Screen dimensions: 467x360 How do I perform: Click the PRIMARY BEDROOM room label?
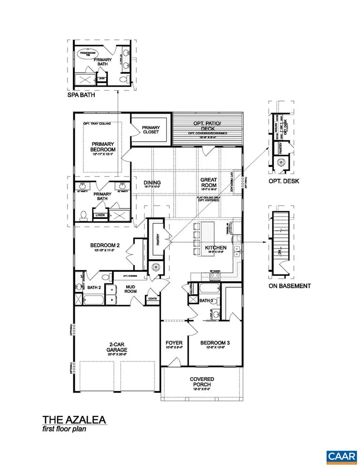[x=103, y=146]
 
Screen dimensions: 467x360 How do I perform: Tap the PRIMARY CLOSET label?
[x=150, y=130]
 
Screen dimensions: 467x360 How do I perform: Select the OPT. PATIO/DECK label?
[x=207, y=125]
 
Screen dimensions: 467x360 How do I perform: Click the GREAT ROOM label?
[x=209, y=182]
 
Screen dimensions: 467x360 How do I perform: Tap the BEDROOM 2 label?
[x=104, y=246]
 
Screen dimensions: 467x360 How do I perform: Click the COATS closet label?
[x=152, y=299]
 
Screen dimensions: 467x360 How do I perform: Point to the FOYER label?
[x=174, y=342]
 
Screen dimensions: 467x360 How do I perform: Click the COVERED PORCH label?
[x=202, y=382]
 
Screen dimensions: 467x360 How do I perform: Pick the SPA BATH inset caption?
[x=80, y=97]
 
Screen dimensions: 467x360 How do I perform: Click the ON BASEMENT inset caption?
[x=289, y=286]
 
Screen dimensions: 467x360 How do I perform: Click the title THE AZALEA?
[x=75, y=419]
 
